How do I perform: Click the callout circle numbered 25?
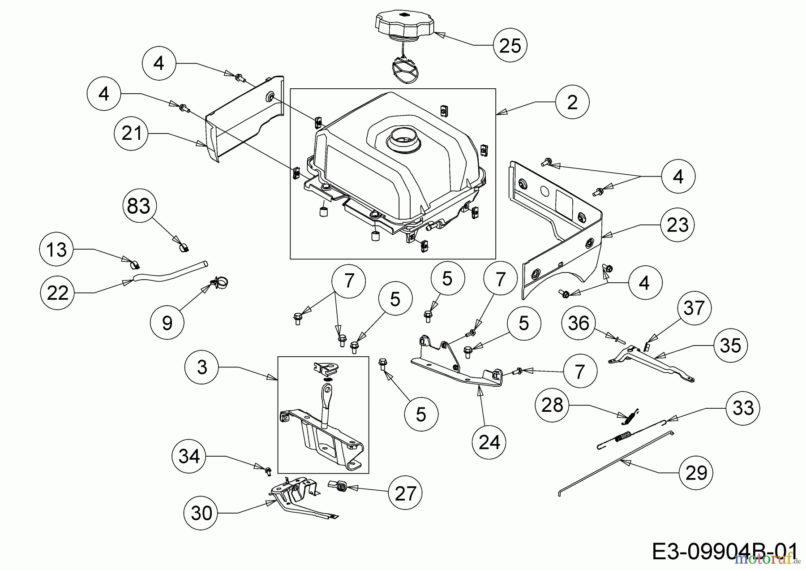510,45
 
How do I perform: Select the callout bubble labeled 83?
139,207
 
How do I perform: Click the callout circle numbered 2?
572,102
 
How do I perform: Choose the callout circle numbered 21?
131,133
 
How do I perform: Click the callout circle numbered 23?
677,225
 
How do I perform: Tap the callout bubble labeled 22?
57,293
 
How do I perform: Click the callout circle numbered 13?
56,250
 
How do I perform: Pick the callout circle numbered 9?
167,322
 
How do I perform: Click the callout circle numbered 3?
202,367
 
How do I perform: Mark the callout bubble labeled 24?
489,442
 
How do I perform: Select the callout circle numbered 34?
189,457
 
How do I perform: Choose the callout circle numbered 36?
579,323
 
